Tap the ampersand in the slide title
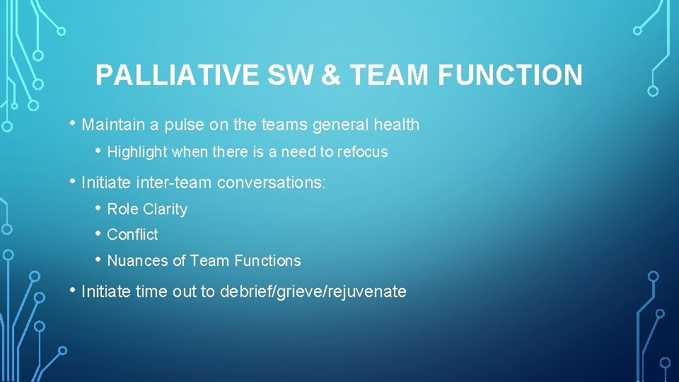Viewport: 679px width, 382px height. tap(331, 75)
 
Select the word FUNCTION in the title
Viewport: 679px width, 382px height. tap(510, 75)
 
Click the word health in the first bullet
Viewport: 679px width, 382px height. tap(396, 125)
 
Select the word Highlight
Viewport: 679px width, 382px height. tap(138, 151)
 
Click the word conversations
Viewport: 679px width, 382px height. tap(271, 183)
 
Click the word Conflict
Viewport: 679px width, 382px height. tap(132, 235)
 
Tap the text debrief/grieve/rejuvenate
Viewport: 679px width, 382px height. tap(313, 291)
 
